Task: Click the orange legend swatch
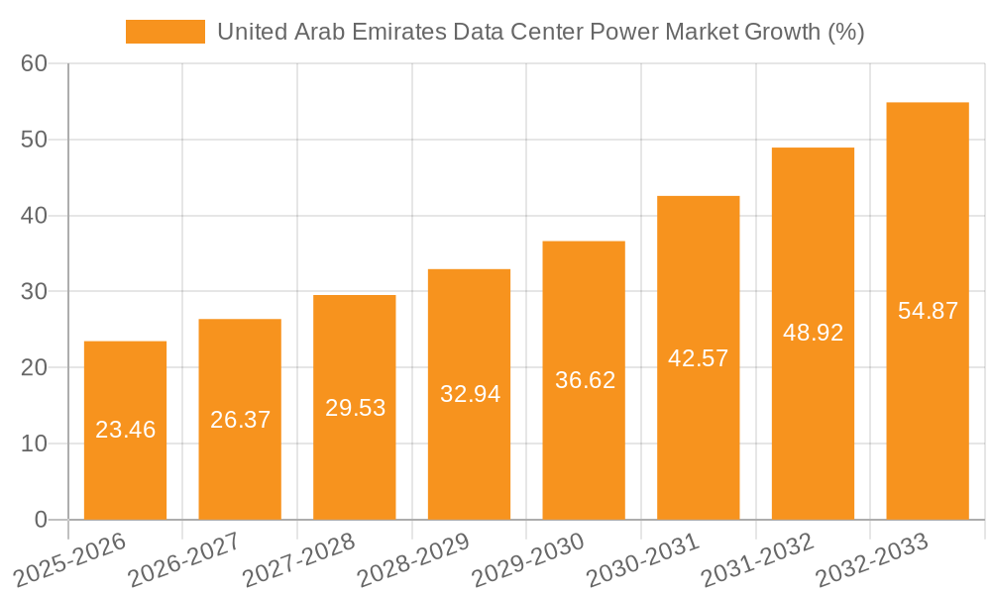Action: point(165,32)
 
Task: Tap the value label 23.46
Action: point(125,430)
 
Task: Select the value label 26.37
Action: point(240,419)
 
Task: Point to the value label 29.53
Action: point(355,407)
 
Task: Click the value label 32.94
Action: point(470,394)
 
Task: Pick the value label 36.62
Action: point(584,380)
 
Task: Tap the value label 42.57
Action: point(699,357)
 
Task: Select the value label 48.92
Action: point(813,333)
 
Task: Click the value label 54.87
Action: point(928,310)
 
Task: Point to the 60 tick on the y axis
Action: point(34,63)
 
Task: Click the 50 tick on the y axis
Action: point(34,140)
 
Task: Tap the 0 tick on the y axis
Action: point(41,520)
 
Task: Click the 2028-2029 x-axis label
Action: point(414,558)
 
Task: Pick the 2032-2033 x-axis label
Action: point(872,558)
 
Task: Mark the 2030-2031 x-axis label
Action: point(643,558)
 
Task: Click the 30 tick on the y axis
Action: point(34,292)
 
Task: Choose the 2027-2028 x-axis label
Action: point(299,558)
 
